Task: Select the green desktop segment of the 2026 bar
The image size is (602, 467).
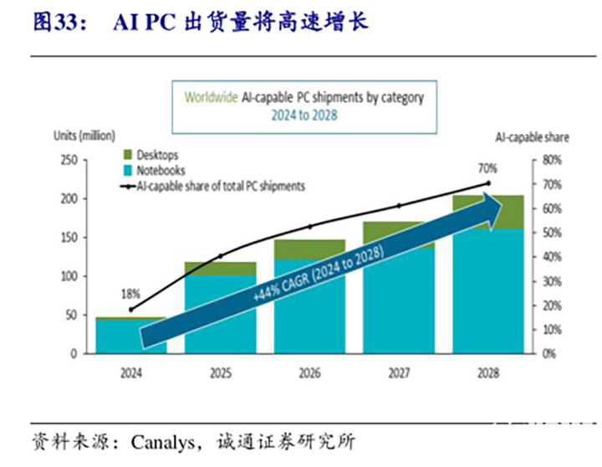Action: click(x=309, y=249)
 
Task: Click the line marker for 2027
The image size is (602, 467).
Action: click(x=399, y=206)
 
